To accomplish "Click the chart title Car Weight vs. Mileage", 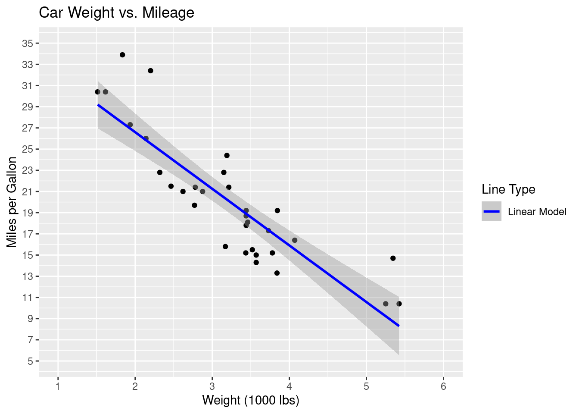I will coord(116,13).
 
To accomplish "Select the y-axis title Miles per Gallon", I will coord(12,202).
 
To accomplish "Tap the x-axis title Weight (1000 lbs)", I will coord(251,400).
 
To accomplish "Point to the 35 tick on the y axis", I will coord(27,43).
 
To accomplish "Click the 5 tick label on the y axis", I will coord(30,361).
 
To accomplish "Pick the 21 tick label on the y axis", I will coord(27,191).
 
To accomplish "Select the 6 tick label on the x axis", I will coord(443,386).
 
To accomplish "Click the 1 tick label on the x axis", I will coord(58,386).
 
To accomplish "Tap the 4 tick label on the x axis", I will coord(289,386).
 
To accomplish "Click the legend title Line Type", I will coord(508,189).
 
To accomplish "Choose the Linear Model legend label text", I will coord(537,212).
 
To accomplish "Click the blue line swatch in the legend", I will coord(492,211).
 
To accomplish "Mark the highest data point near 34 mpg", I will coord(122,55).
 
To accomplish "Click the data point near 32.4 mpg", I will coord(150,71).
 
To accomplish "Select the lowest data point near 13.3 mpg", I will coord(277,273).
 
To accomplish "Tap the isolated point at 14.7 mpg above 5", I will coord(393,258).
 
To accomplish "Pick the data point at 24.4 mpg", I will coord(227,155).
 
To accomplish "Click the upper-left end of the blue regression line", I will coord(98,105).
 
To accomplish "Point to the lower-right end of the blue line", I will coord(398,325).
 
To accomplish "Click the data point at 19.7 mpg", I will coord(194,205).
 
